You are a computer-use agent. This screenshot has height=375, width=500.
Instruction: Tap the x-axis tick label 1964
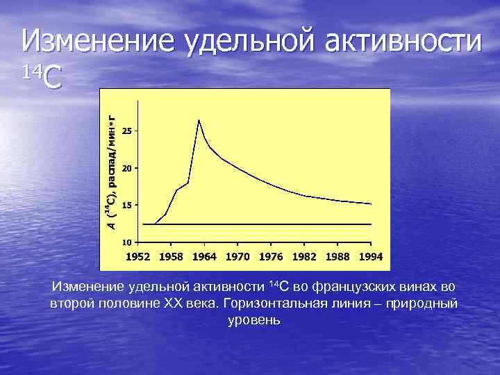[205, 256]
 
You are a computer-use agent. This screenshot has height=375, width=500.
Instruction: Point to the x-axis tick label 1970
[238, 256]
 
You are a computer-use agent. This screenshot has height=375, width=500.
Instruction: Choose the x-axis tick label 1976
[272, 256]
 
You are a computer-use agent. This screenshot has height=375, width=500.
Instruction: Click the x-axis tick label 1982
[305, 256]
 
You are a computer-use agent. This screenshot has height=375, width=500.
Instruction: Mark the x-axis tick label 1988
[338, 256]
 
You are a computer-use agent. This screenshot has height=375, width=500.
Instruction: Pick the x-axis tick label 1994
[372, 256]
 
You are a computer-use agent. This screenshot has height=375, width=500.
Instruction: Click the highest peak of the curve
[199, 120]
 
